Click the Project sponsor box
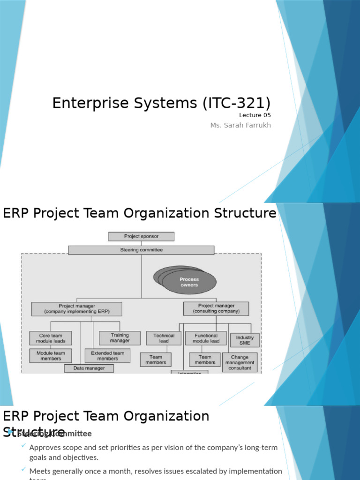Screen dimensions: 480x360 141,237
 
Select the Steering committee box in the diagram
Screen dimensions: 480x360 141,250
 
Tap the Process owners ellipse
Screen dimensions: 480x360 189,282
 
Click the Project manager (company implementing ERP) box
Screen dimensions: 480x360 77,309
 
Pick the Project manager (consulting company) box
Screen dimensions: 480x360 216,308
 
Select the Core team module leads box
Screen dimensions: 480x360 51,338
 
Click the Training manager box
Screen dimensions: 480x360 120,338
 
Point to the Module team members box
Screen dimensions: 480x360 51,356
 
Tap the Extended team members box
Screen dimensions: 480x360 107,356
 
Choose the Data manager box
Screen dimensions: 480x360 89,368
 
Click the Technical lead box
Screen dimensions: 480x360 164,338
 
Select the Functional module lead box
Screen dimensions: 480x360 206,338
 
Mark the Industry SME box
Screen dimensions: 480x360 245,340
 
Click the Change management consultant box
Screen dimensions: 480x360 240,362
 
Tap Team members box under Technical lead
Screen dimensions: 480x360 156,360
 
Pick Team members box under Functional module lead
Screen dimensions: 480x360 205,360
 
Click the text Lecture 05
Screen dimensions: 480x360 255,115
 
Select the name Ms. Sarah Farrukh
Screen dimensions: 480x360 240,125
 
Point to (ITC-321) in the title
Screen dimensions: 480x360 237,103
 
